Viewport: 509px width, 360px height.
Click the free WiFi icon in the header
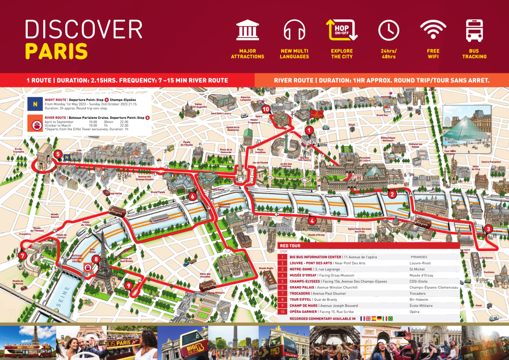433,30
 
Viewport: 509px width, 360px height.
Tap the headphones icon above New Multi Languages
294,30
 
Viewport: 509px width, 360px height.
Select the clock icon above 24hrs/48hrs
389,30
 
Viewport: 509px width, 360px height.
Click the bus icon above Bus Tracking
474,30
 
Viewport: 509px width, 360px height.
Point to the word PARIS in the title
56,51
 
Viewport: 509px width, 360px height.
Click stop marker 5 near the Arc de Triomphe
58,154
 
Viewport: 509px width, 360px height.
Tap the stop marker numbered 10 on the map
266,109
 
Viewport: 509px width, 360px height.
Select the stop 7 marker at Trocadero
23,256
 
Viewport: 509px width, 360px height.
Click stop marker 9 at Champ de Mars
129,286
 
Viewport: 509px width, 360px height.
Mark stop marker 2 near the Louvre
392,194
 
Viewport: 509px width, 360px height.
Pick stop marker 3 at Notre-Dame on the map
488,229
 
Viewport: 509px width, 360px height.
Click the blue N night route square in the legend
35,104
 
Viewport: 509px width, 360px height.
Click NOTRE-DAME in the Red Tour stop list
301,269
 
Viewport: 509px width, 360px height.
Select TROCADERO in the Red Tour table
300,294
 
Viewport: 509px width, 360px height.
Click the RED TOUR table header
290,246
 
